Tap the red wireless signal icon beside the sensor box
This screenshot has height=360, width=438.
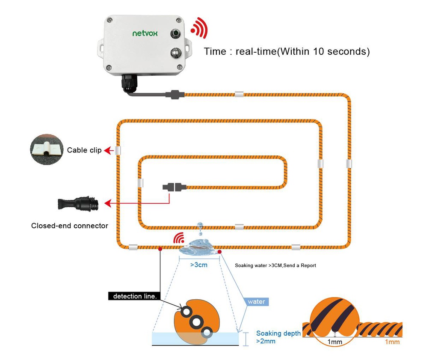click(x=199, y=29)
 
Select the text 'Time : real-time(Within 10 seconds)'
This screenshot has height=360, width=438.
click(x=287, y=52)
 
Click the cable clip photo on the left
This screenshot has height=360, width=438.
click(x=47, y=149)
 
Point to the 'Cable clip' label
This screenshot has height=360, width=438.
click(x=84, y=150)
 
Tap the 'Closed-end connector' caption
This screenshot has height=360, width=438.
click(x=69, y=226)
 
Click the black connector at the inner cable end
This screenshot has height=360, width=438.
click(x=175, y=187)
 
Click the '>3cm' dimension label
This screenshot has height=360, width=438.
click(x=199, y=265)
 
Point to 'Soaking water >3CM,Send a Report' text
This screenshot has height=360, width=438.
click(x=275, y=265)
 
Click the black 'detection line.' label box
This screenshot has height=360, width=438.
click(x=134, y=296)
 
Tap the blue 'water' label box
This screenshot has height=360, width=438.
click(x=256, y=302)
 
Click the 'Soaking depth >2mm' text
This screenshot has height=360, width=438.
click(x=278, y=337)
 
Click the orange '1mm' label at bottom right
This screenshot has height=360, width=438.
click(x=392, y=342)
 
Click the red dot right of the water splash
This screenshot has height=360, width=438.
click(x=219, y=252)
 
